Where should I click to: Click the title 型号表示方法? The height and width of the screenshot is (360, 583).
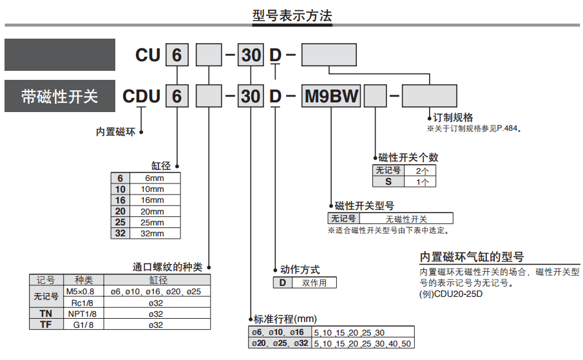(x=292, y=17)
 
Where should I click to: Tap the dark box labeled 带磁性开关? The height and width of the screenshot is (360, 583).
(x=59, y=97)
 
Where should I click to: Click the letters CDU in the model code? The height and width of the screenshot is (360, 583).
(x=142, y=97)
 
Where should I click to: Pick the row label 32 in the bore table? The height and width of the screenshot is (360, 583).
(x=120, y=233)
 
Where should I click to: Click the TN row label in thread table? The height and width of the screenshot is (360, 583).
(x=46, y=313)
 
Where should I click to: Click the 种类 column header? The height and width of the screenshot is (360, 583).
(x=83, y=280)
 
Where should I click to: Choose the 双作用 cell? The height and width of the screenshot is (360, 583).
(x=314, y=283)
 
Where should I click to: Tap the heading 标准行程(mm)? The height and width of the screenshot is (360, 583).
(x=285, y=319)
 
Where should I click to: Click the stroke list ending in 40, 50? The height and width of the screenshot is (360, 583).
(x=361, y=344)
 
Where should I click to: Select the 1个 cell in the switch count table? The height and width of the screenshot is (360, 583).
(x=422, y=182)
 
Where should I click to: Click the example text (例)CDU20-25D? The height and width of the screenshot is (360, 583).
(x=451, y=294)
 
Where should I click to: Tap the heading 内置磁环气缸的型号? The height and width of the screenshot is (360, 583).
(x=472, y=256)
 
